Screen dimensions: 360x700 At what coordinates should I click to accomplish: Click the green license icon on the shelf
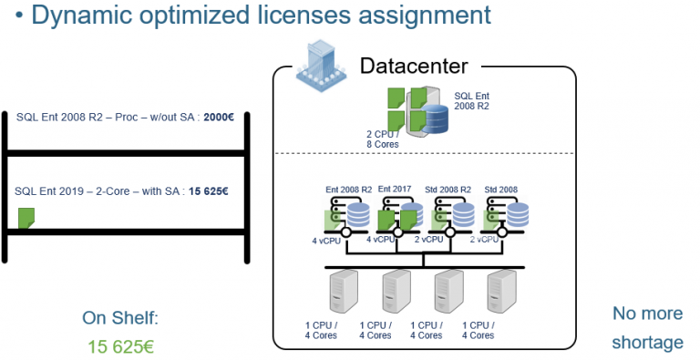(x=26, y=218)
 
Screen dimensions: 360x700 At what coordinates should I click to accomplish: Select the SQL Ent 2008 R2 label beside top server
(x=472, y=100)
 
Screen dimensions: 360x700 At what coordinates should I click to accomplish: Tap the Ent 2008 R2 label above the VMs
(x=348, y=189)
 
